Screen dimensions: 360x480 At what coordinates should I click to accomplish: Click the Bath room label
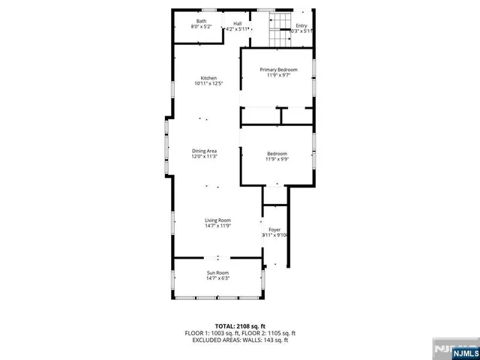tap(202, 21)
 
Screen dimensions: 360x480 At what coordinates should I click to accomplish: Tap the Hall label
tap(237, 23)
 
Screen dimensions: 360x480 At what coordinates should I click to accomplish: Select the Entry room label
tap(301, 26)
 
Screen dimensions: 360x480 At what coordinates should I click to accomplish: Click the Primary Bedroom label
tap(278, 70)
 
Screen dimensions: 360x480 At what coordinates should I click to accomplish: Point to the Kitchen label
tap(208, 78)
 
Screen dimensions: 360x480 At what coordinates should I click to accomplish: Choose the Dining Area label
tap(204, 151)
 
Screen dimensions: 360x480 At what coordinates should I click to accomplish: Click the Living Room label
tap(217, 220)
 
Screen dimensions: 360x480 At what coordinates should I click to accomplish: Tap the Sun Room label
tap(217, 272)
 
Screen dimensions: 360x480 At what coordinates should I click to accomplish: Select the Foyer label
tap(274, 229)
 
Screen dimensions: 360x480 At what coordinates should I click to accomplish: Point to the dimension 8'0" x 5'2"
tap(202, 26)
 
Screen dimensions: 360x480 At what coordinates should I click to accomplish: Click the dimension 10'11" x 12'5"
tap(208, 83)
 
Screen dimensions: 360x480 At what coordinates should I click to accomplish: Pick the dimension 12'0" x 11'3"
tap(204, 157)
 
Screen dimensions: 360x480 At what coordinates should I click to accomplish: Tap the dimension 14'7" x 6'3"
tap(217, 277)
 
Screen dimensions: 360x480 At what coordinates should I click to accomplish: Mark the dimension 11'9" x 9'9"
tap(277, 159)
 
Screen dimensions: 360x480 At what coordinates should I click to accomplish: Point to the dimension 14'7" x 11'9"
tap(217, 226)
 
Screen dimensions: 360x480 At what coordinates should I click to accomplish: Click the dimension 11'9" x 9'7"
tap(278, 75)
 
